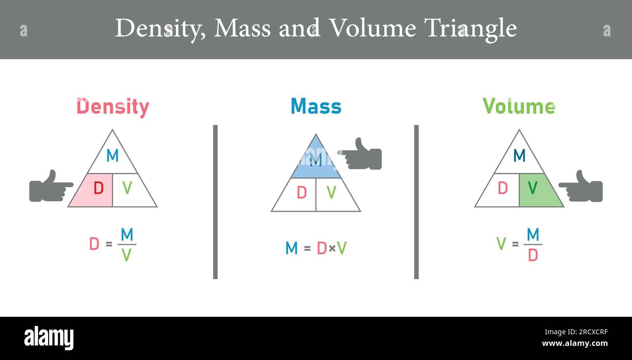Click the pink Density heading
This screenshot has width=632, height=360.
click(x=113, y=107)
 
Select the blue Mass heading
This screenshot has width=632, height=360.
click(x=316, y=106)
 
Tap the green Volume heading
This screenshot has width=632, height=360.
click(x=519, y=106)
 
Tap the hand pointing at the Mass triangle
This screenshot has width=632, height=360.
click(x=361, y=155)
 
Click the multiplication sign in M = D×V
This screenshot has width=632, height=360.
click(x=332, y=248)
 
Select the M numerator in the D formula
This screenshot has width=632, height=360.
click(x=127, y=235)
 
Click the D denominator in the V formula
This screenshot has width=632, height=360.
click(x=533, y=255)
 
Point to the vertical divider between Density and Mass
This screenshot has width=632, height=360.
click(x=215, y=202)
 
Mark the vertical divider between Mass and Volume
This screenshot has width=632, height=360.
click(x=416, y=202)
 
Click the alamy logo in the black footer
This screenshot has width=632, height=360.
click(x=49, y=338)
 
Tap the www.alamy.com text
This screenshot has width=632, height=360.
click(x=575, y=343)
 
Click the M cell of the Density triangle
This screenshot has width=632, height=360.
click(x=112, y=155)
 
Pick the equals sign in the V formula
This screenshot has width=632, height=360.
click(x=515, y=244)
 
